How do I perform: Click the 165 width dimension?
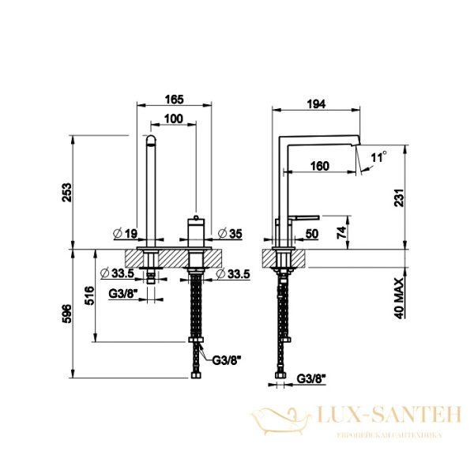[x=175, y=100]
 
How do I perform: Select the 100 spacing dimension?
[x=174, y=118]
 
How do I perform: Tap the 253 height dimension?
[x=67, y=192]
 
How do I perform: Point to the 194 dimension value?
[x=316, y=104]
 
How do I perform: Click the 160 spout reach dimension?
[x=319, y=166]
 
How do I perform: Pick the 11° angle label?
[x=378, y=157]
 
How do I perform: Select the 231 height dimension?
[x=399, y=197]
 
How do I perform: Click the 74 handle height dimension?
[x=341, y=233]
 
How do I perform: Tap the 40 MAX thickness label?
[x=399, y=298]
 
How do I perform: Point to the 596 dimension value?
[x=67, y=314]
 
